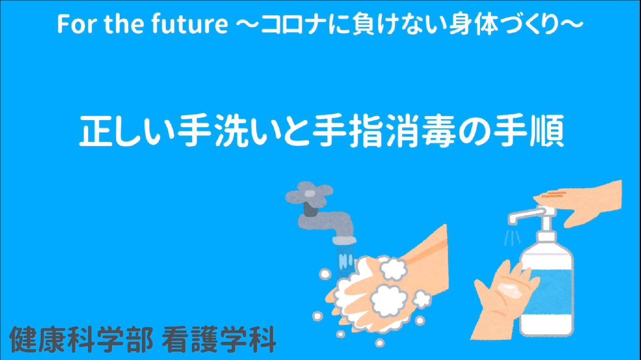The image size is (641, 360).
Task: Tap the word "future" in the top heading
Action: [190, 24]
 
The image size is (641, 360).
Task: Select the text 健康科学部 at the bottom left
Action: [81, 340]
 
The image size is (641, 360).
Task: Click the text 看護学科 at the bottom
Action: [219, 340]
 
